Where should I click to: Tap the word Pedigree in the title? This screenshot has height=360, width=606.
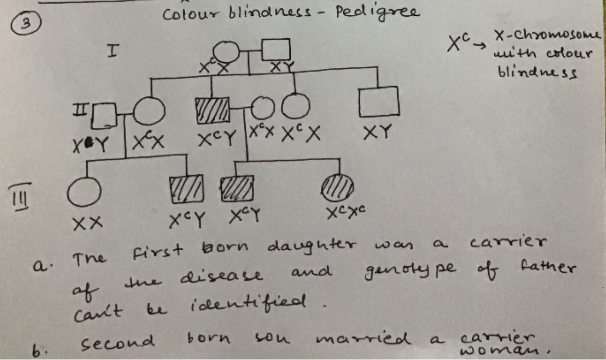pyautogui.click(x=377, y=13)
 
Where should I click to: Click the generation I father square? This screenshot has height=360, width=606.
pyautogui.click(x=276, y=50)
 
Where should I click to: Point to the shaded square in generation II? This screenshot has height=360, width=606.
pyautogui.click(x=213, y=110)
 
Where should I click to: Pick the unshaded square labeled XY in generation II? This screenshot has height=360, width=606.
pyautogui.click(x=378, y=101)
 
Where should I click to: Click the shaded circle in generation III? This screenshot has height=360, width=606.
pyautogui.click(x=337, y=187)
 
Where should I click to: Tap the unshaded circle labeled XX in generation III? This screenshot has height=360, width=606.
pyautogui.click(x=84, y=191)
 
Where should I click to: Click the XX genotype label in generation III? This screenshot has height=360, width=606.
pyautogui.click(x=88, y=223)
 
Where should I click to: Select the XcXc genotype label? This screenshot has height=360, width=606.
pyautogui.click(x=345, y=212)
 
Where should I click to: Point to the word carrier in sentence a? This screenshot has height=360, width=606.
pyautogui.click(x=508, y=242)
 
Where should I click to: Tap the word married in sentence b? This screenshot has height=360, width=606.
pyautogui.click(x=363, y=339)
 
